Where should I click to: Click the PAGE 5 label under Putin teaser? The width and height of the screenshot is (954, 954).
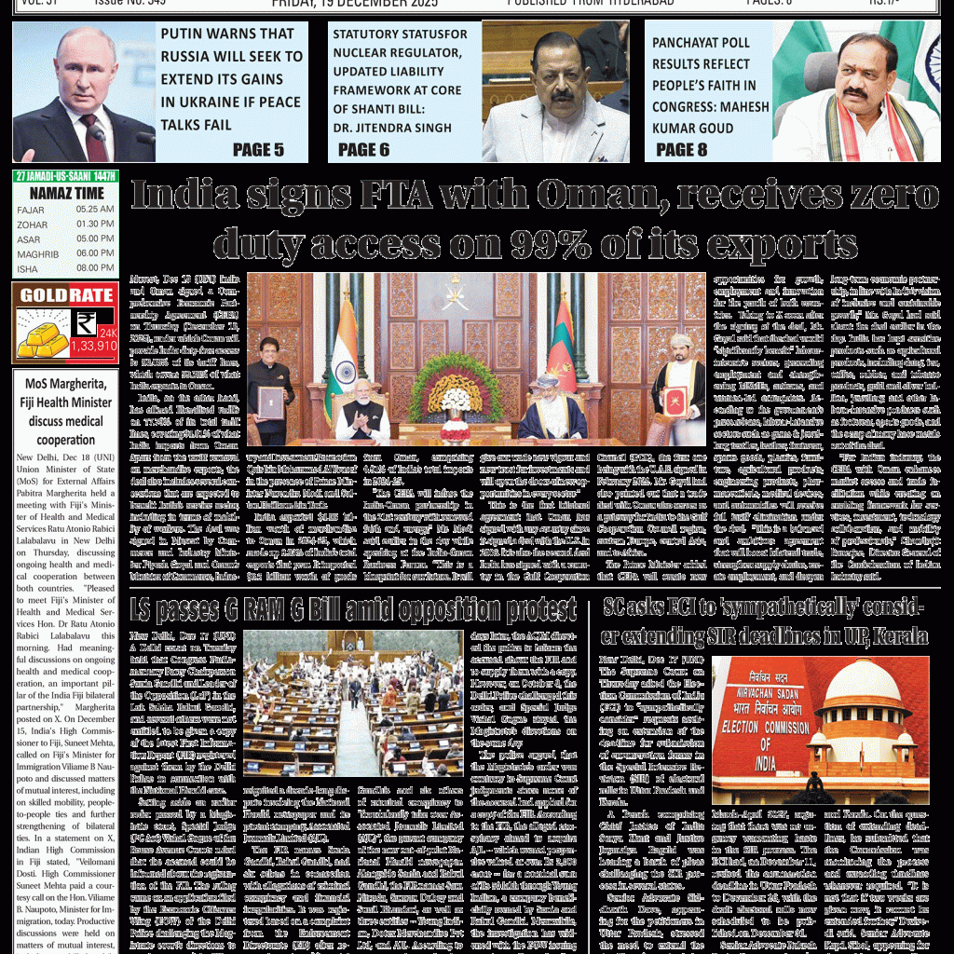(x=258, y=149)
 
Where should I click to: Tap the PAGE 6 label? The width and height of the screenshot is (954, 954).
(x=363, y=149)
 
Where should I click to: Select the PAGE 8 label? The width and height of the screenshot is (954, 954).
(x=681, y=149)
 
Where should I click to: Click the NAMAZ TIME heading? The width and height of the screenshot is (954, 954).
(x=64, y=193)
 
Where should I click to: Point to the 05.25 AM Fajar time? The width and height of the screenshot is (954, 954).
(x=95, y=210)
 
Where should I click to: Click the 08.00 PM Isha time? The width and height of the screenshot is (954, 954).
(x=95, y=268)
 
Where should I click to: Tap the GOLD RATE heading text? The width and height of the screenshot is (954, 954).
(x=64, y=295)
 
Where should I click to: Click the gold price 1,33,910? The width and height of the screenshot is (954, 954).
(x=93, y=346)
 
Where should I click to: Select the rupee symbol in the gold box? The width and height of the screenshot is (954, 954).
(x=86, y=323)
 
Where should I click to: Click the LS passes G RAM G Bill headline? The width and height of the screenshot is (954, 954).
(x=354, y=609)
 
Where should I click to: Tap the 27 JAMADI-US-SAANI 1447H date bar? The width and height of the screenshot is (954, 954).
(x=64, y=176)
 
